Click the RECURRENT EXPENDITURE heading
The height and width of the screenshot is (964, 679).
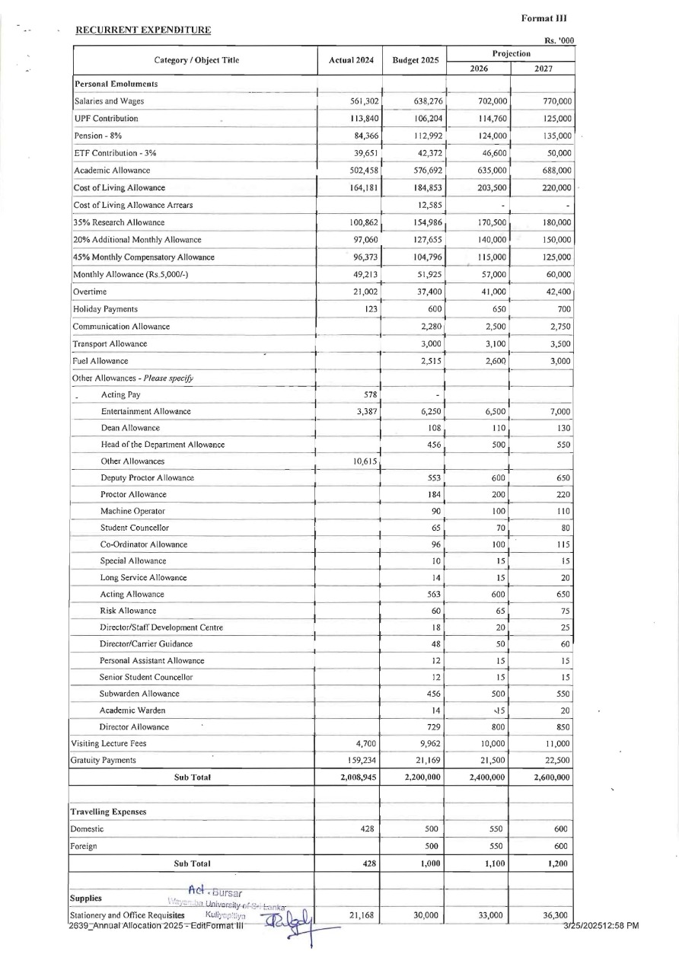[x=142, y=30]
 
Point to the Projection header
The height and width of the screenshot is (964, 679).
[x=511, y=54]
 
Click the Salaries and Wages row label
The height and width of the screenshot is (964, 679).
[x=109, y=101]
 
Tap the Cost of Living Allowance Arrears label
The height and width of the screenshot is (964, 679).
[x=132, y=205]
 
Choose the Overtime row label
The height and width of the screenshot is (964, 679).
[x=90, y=292]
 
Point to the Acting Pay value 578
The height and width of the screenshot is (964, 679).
[x=371, y=394]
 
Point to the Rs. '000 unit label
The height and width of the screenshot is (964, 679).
[x=559, y=41]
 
